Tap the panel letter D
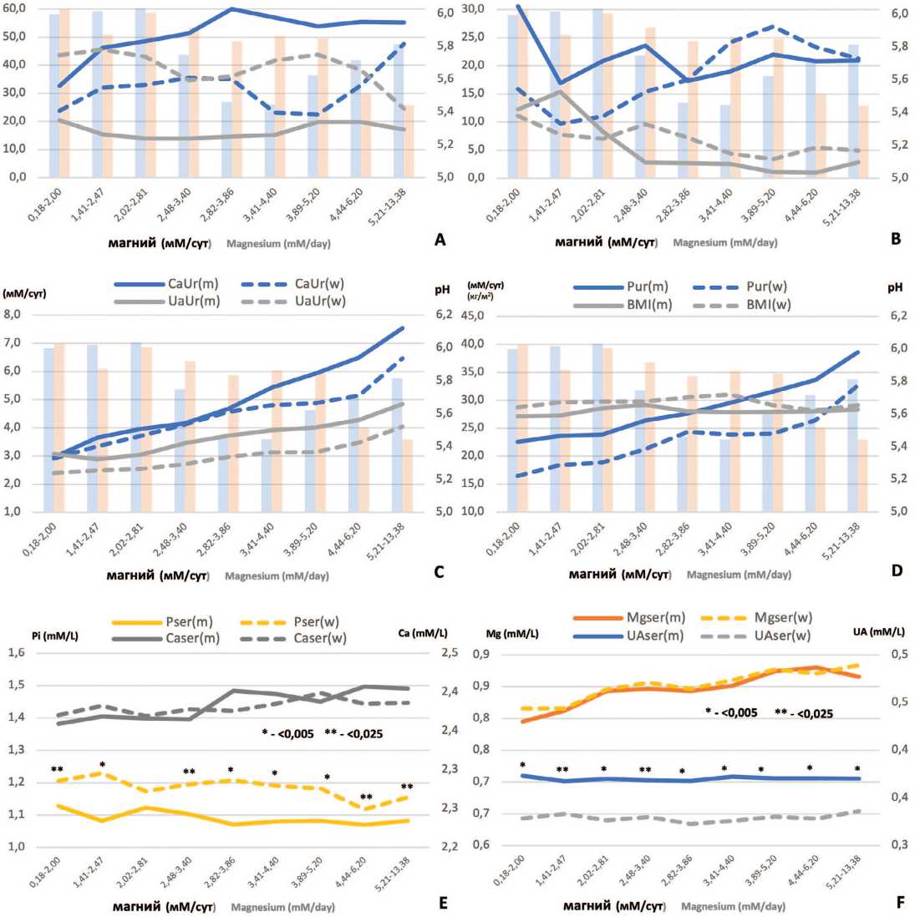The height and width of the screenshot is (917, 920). pyautogui.click(x=896, y=572)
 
